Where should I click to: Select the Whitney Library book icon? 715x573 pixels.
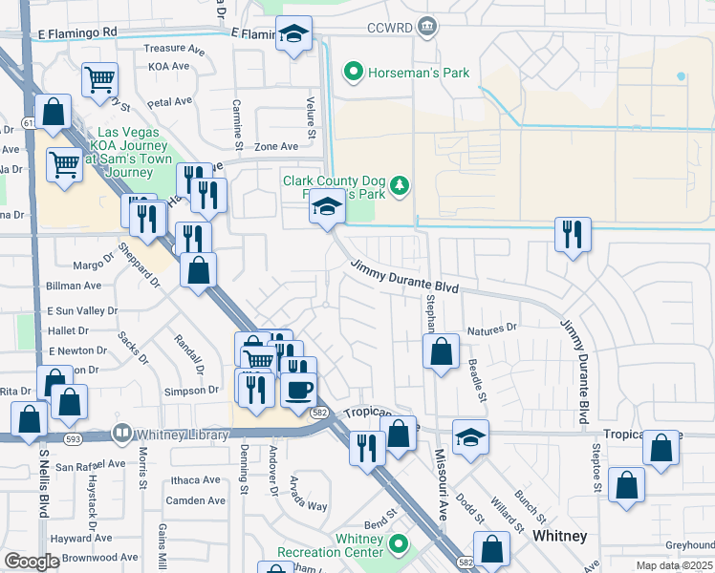121,434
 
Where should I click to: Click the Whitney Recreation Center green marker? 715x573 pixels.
398,545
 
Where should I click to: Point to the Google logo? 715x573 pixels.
32,561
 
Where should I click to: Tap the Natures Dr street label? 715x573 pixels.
492,329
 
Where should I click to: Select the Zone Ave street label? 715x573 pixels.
276,146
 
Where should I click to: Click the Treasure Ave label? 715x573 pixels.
175,48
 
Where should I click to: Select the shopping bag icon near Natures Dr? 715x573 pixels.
440,350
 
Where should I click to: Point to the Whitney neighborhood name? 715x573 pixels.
559,536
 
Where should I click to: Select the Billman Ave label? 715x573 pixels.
74,286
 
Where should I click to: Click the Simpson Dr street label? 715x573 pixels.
192,391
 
